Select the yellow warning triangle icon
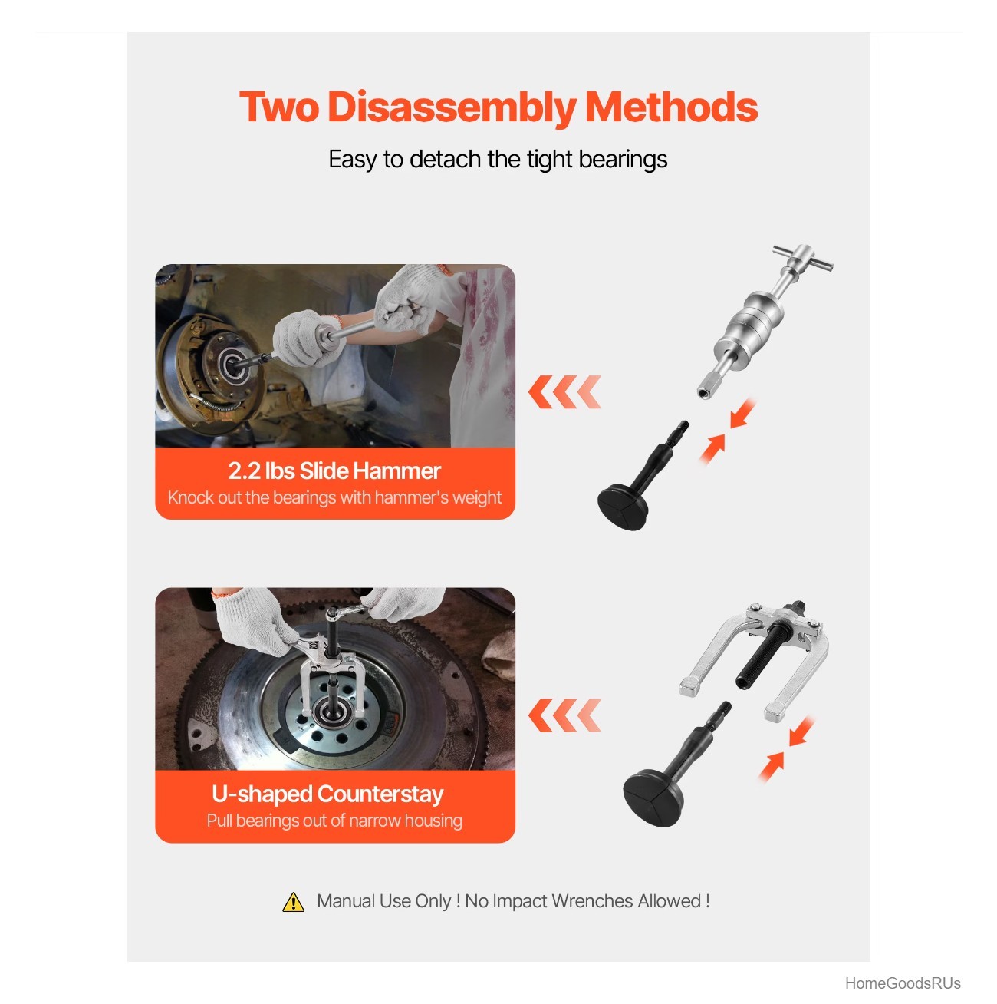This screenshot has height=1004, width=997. (293, 902)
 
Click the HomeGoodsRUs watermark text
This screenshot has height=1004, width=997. (902, 983)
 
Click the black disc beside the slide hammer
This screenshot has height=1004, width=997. (623, 507)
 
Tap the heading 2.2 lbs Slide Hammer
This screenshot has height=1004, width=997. (335, 471)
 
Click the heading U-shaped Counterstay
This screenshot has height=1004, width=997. (327, 794)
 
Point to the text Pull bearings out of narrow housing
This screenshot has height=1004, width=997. (334, 821)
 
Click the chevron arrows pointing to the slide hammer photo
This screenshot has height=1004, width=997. (564, 391)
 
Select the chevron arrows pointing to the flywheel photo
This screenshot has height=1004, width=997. (564, 715)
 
